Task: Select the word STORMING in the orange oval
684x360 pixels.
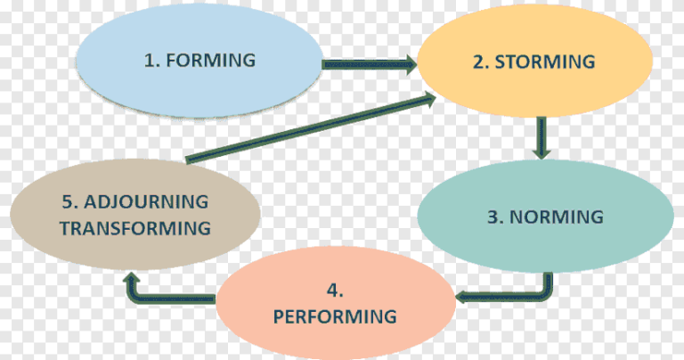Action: [544, 61]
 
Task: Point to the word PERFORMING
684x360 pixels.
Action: [334, 316]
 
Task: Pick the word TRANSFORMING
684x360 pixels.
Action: [135, 227]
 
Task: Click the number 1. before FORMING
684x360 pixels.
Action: [152, 61]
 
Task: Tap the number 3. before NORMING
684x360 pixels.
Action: [492, 217]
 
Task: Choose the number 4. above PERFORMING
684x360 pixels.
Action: [334, 290]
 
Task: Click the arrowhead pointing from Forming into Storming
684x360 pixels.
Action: [409, 63]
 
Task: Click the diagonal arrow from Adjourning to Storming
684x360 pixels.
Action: [303, 127]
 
